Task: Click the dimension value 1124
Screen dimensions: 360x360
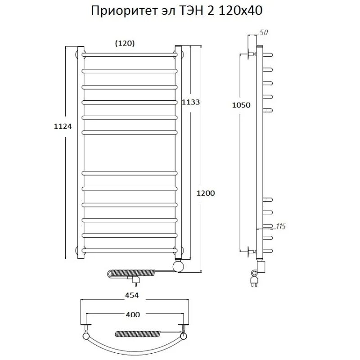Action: pos(63,126)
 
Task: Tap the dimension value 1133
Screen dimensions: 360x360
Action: pos(190,102)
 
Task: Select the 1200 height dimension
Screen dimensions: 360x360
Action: pos(206,193)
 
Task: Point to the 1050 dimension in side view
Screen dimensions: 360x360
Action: pos(241,105)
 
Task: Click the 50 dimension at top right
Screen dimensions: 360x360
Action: pos(264,32)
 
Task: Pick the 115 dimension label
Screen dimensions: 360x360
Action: pos(280,226)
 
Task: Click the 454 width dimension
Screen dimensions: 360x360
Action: pos(131,295)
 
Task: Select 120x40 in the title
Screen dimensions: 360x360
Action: pos(240,11)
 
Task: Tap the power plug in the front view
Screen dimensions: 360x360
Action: pos(135,281)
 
